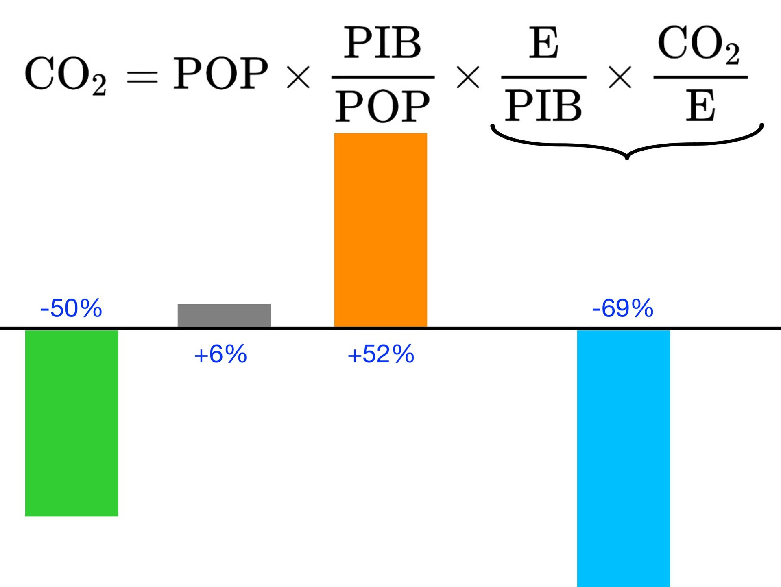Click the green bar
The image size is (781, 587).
coord(72,423)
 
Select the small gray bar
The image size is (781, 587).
coord(224,315)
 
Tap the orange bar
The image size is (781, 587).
coord(381,230)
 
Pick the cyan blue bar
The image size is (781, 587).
coord(624,458)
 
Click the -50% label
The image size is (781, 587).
coord(71,308)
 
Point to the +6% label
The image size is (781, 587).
coord(220,354)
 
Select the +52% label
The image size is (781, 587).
coord(381,354)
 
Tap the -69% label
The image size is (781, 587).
coord(623,308)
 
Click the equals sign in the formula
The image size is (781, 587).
coord(142,76)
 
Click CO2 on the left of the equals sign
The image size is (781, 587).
coord(65,75)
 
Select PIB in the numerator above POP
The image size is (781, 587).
coord(382,43)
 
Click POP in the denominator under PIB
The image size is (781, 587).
coord(382,107)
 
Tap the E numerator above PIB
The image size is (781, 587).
coord(544,43)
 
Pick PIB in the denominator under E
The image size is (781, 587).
coord(543,106)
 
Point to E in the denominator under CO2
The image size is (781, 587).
coord(700,106)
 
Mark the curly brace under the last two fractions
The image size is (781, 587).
coord(627,144)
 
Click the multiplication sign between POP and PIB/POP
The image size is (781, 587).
coord(298,77)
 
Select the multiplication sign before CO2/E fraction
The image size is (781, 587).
coord(620,77)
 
